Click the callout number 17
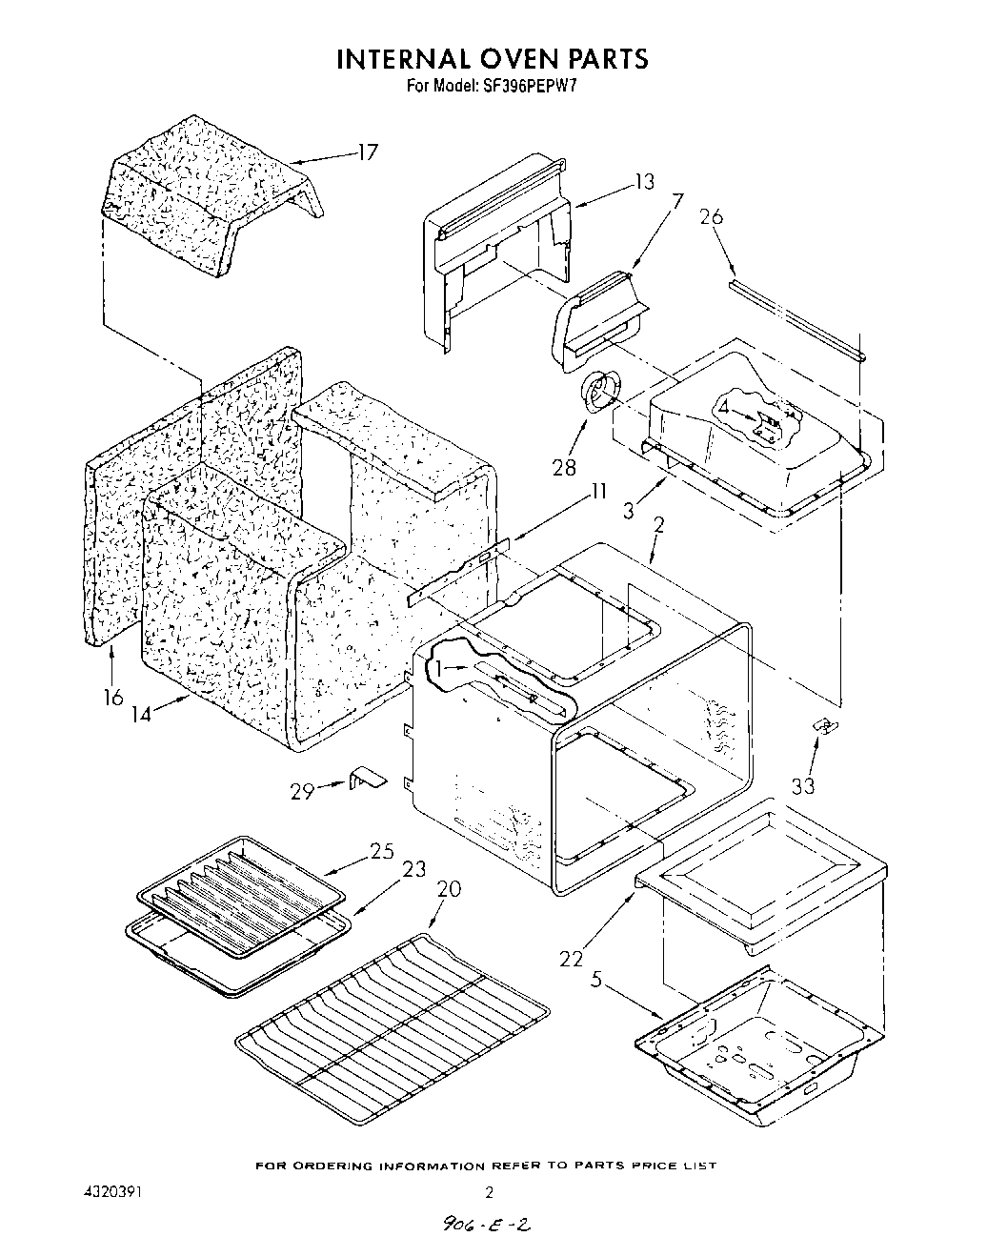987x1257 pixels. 367,152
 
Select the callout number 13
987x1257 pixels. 645,181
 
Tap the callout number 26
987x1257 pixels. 711,217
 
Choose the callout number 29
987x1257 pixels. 303,790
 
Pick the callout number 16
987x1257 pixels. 112,698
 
